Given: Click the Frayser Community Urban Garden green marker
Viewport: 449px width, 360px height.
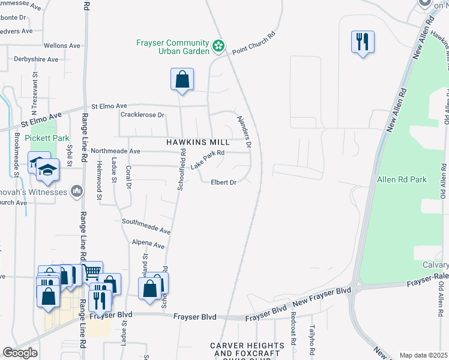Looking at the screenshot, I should coord(218,45).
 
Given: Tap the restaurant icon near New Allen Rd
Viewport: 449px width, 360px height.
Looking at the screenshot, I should coord(363,42).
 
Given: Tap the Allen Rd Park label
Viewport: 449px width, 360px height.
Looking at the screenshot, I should coord(402,179).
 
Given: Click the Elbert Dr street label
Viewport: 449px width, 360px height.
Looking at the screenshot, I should coord(223,182).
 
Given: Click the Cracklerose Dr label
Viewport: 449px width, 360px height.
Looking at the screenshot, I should coord(142,115).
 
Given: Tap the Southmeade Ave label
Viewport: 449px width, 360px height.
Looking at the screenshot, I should coord(146,226).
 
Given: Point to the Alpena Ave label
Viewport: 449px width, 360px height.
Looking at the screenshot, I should coord(148,246).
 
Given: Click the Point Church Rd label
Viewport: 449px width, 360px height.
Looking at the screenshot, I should coord(252,44).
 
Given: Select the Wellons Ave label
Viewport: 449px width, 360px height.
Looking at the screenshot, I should coord(62,46).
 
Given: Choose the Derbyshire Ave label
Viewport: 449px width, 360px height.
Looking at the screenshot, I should coord(36,59).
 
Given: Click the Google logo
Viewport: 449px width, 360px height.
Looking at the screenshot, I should coord(20,353).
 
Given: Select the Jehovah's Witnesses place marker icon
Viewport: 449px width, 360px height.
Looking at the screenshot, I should coord(77,191).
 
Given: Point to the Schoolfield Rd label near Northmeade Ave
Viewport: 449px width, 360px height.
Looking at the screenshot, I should coord(181,170).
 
